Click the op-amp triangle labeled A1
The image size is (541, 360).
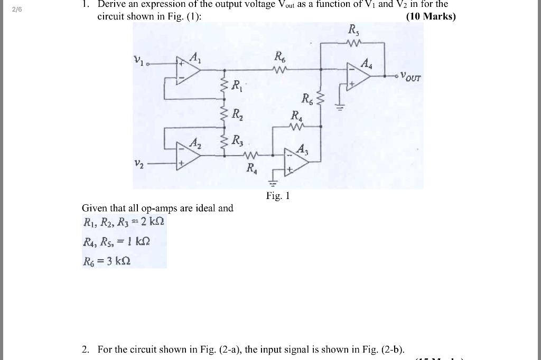pyautogui.click(x=189, y=70)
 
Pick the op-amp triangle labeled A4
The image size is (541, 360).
pyautogui.click(x=359, y=76)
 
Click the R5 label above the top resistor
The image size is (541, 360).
pyautogui.click(x=353, y=31)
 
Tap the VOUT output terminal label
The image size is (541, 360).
pyautogui.click(x=411, y=77)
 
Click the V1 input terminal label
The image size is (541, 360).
pyautogui.click(x=138, y=61)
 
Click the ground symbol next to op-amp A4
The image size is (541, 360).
pyautogui.click(x=340, y=108)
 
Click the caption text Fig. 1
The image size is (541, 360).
pyautogui.click(x=278, y=196)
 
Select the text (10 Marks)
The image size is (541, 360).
pyautogui.click(x=431, y=16)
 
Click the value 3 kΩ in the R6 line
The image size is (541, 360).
pyautogui.click(x=118, y=261)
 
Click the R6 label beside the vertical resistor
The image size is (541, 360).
pyautogui.click(x=307, y=98)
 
